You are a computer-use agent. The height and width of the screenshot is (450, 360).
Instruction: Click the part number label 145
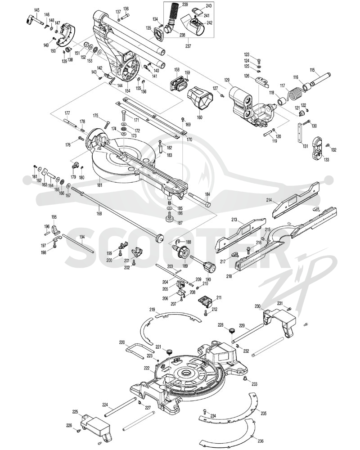point(37,10)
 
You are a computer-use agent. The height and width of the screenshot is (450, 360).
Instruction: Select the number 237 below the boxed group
point(189,46)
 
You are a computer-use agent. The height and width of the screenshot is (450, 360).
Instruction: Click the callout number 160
point(199,117)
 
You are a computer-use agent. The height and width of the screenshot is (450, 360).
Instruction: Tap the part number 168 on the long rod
point(99,213)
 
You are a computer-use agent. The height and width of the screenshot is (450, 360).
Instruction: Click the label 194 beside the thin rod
point(82,237)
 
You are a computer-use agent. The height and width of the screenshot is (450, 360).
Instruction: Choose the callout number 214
point(269,201)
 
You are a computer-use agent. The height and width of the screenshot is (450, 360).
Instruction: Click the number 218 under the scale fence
point(229,276)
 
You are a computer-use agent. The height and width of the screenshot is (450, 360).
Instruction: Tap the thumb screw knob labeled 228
point(232,331)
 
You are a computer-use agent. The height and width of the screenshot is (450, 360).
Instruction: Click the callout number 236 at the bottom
point(261,441)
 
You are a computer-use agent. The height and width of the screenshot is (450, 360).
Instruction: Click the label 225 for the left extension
point(75,412)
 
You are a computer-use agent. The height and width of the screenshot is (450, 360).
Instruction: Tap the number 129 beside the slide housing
point(227,81)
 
